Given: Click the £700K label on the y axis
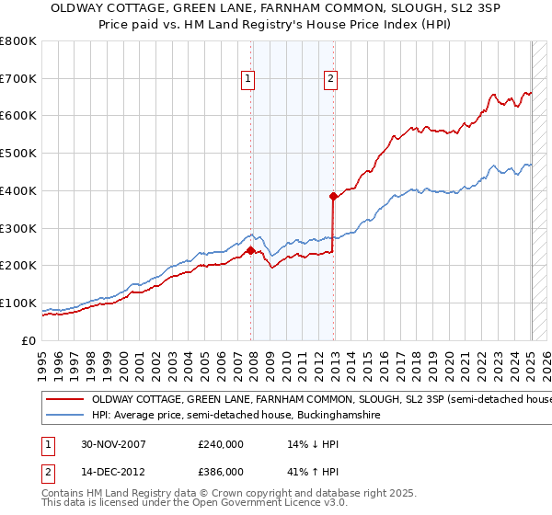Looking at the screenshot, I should pyautogui.click(x=18, y=78).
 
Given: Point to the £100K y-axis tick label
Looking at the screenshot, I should pyautogui.click(x=18, y=303).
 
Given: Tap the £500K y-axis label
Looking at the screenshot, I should pyautogui.click(x=18, y=153).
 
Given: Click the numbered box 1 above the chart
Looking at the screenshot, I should pyautogui.click(x=248, y=80).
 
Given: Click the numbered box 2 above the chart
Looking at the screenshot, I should pyautogui.click(x=329, y=80).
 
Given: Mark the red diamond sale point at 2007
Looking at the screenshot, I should pyautogui.click(x=250, y=249).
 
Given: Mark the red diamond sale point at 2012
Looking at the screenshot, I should pyautogui.click(x=333, y=195).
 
